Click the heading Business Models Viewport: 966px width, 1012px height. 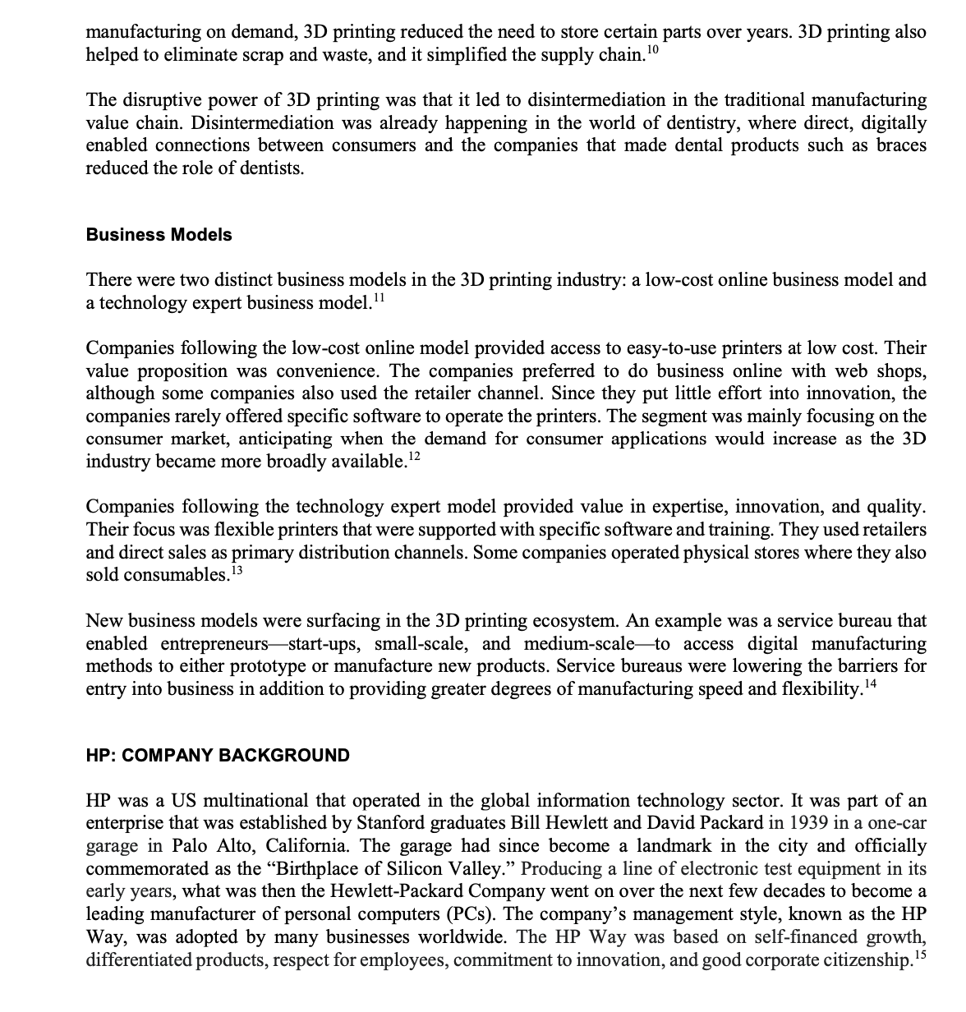[159, 235]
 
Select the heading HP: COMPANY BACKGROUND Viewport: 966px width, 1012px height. [218, 756]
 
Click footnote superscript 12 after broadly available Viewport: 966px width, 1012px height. [414, 457]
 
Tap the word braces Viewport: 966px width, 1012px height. [901, 145]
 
